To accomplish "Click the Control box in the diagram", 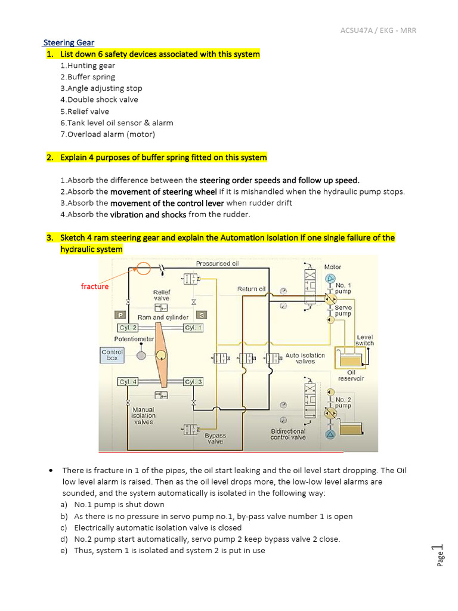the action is (x=112, y=355).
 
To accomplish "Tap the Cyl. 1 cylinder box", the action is (x=193, y=328).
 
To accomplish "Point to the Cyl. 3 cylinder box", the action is (x=193, y=382).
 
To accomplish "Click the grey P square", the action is (x=120, y=314).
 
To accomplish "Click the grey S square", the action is (x=202, y=314).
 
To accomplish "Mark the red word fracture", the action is (x=95, y=286).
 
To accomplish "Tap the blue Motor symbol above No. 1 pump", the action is (x=330, y=279).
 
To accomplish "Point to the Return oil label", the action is (x=251, y=289).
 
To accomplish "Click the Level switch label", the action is (x=364, y=340).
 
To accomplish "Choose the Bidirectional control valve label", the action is (x=288, y=434).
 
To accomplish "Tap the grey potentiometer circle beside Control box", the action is (x=141, y=356).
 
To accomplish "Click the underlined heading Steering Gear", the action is (x=69, y=42).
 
